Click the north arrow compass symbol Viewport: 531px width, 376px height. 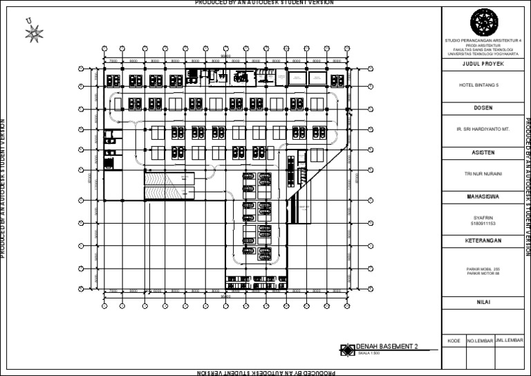tap(34, 31)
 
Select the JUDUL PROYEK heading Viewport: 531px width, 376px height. tap(483, 64)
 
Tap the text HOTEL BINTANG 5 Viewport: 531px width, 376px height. tap(483, 85)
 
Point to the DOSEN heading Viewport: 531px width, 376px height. tap(483, 108)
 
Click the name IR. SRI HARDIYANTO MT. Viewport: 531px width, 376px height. tap(483, 129)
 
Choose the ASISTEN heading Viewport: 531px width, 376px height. tap(483, 152)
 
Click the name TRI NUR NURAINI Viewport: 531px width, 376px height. tap(483, 174)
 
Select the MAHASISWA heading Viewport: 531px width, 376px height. tap(483, 197)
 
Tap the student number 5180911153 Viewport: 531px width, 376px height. tap(483, 223)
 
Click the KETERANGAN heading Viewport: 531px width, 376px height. tap(483, 240)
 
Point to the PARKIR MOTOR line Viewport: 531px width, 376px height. tap(483, 273)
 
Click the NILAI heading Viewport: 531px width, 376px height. tap(483, 302)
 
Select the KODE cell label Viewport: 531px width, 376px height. tap(454, 341)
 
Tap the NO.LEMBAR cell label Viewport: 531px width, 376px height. tap(480, 341)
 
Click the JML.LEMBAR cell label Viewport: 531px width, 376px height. tap(510, 341)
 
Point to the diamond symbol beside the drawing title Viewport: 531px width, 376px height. tap(347, 350)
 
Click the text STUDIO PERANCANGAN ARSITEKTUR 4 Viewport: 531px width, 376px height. tap(483, 42)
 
